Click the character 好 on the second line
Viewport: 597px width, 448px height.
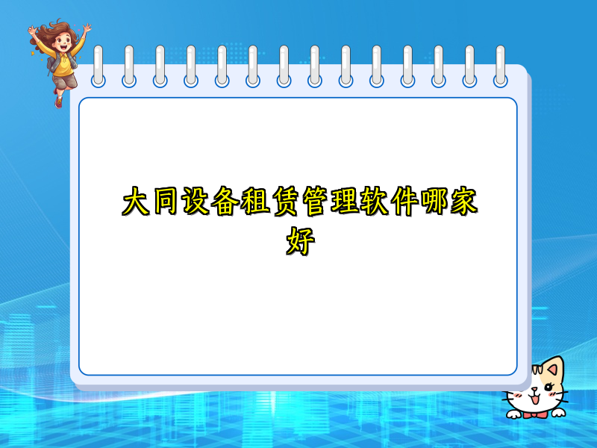(298, 240)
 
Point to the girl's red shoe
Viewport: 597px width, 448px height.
(58, 101)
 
